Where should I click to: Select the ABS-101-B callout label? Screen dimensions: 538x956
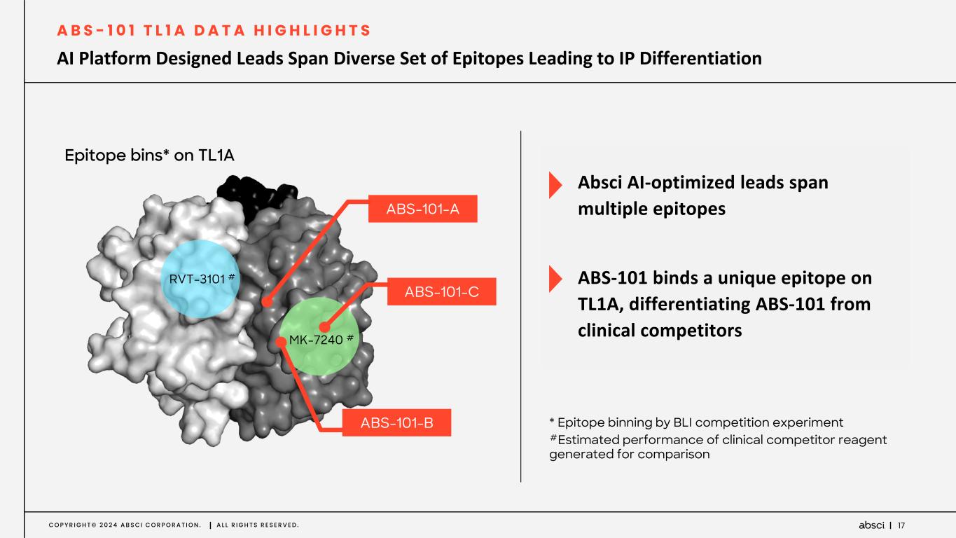click(x=396, y=422)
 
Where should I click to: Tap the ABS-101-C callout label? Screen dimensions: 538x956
click(x=441, y=291)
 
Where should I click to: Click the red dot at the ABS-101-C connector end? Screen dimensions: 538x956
click(x=324, y=327)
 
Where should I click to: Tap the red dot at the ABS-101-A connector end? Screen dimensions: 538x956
click(x=266, y=303)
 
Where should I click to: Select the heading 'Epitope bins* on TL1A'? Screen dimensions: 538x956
click(x=149, y=156)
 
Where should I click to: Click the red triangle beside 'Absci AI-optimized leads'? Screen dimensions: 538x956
click(x=555, y=184)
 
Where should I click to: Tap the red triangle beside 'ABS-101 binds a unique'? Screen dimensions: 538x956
click(x=555, y=278)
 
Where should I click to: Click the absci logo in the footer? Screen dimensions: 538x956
click(x=871, y=525)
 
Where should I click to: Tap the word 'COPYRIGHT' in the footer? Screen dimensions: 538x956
click(x=60, y=525)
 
